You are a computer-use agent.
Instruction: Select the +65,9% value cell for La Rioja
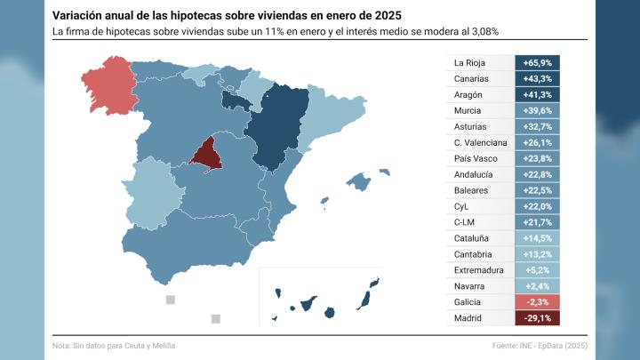[537, 63]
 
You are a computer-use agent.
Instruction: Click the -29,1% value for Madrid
[537, 317]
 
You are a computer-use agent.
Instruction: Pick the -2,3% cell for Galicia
[537, 301]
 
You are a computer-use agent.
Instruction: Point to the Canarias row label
[470, 79]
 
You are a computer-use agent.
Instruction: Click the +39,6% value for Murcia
[537, 111]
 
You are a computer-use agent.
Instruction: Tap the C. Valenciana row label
[479, 142]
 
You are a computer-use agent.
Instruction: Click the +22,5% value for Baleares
[537, 190]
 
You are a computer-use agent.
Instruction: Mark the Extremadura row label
[478, 269]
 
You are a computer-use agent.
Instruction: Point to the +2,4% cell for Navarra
[537, 285]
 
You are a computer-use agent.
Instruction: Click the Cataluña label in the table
[471, 238]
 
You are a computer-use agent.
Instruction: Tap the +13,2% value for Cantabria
[537, 254]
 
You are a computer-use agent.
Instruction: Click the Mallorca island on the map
[359, 182]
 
